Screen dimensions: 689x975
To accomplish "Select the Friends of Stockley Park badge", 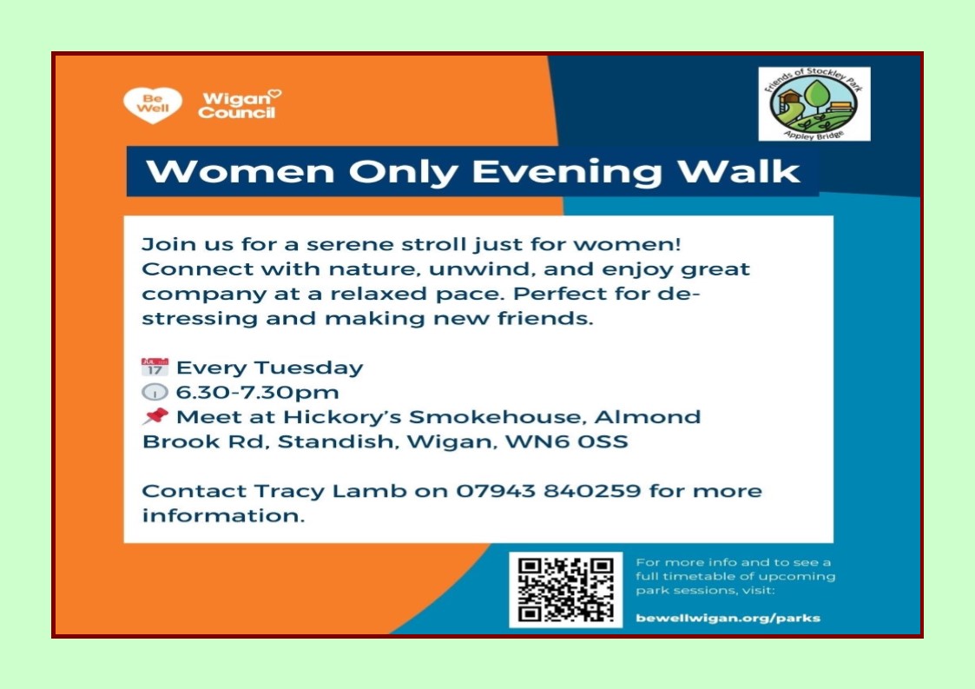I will coord(814,104).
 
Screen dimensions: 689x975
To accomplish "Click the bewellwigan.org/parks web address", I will coord(728,619).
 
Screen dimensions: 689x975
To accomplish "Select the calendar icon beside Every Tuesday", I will coord(155,368).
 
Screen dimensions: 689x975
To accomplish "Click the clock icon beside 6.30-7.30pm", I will coord(155,393).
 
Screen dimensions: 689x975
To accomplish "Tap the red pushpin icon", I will coord(155,417).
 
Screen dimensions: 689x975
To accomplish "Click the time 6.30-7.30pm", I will coord(245,393).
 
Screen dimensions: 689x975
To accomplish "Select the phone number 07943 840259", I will coord(549,491).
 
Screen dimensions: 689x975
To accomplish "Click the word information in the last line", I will coord(222,516).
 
